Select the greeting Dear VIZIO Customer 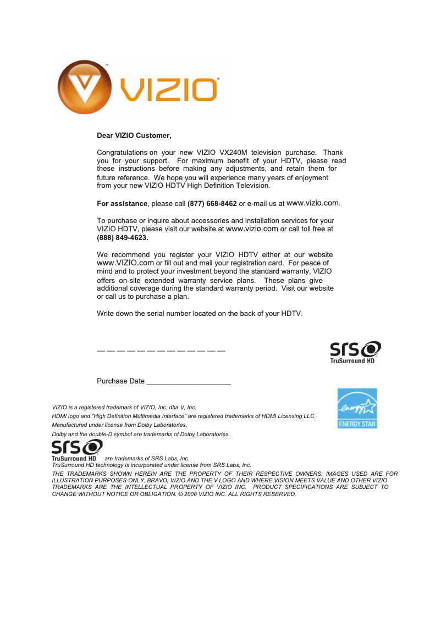[134, 136]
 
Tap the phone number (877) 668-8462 [212, 204]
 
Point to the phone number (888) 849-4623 [123, 238]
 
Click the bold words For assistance [122, 204]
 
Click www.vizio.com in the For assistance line [313, 203]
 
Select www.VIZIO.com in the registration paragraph [125, 263]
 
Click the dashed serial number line [161, 350]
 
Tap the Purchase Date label [120, 381]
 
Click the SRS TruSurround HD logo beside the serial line [355, 352]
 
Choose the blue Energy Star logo [357, 408]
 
